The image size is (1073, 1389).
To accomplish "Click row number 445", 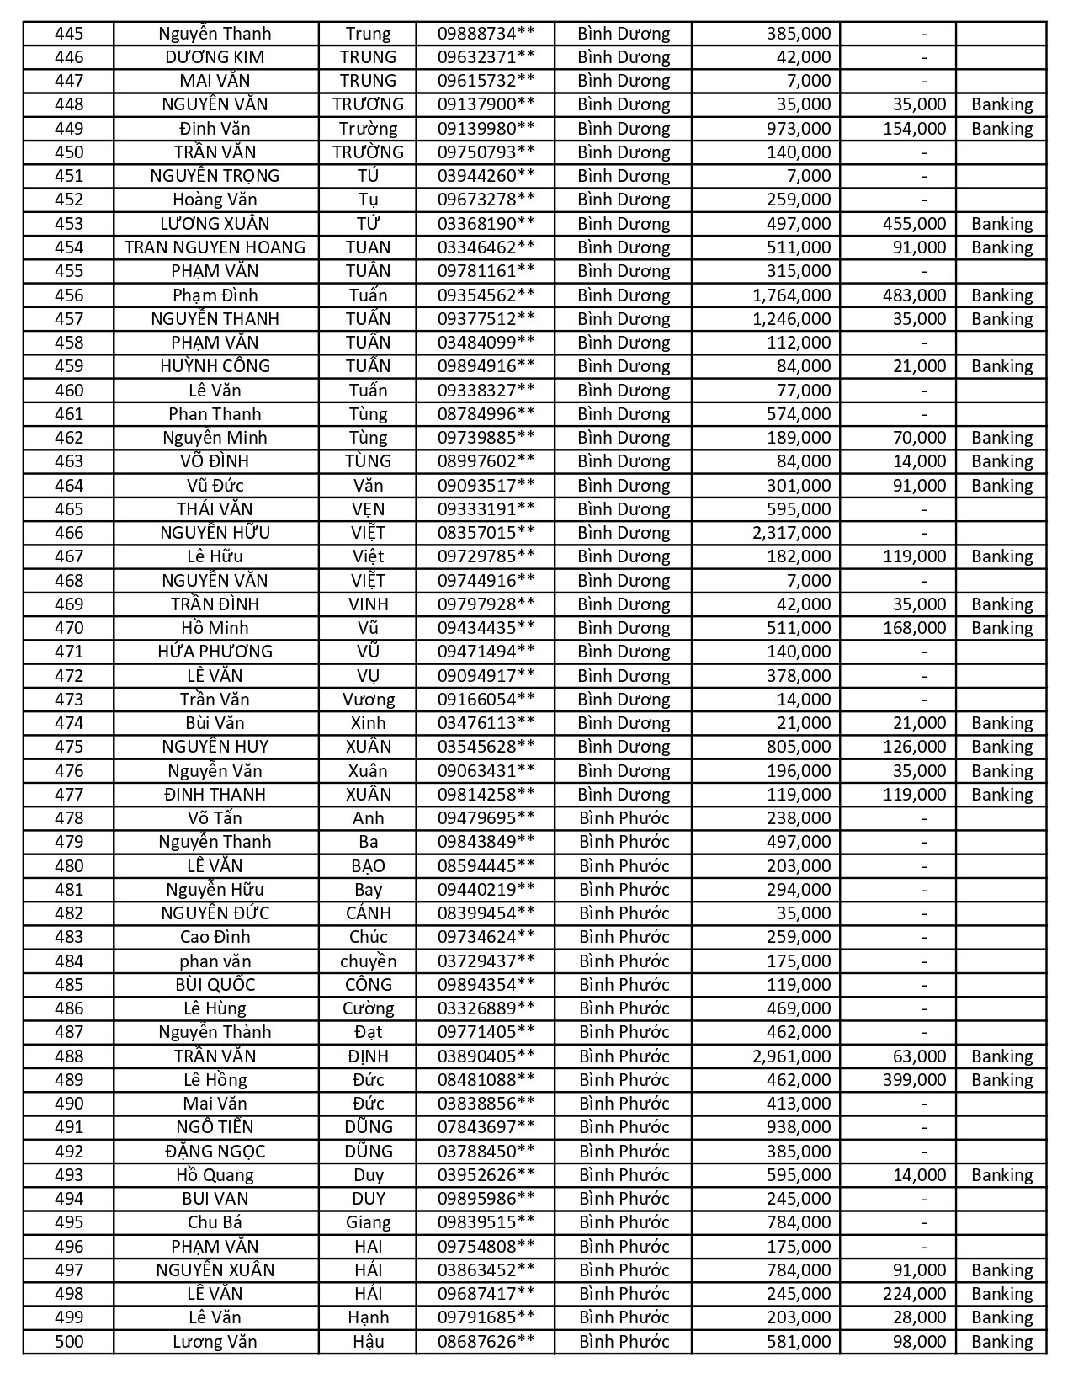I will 68,34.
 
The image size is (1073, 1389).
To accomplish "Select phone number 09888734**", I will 486,34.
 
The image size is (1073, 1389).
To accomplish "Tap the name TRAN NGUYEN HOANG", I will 215,247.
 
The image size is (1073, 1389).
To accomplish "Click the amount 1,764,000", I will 791,295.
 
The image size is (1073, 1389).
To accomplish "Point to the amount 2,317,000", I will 791,533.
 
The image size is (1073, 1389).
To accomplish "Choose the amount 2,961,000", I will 791,1056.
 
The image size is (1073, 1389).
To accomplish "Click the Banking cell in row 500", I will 1001,1342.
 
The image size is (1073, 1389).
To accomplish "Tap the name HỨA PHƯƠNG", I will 215,652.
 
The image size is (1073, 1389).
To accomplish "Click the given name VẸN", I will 368,509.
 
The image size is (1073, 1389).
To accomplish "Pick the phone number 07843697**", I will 486,1127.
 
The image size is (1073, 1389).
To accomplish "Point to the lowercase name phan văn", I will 215,961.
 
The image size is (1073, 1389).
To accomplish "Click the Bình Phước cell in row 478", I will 624,818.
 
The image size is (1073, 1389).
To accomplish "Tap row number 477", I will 68,795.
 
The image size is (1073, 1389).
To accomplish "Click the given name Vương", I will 368,700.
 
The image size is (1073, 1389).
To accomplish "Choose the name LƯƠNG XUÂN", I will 215,224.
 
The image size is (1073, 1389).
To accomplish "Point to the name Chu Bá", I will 215,1222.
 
